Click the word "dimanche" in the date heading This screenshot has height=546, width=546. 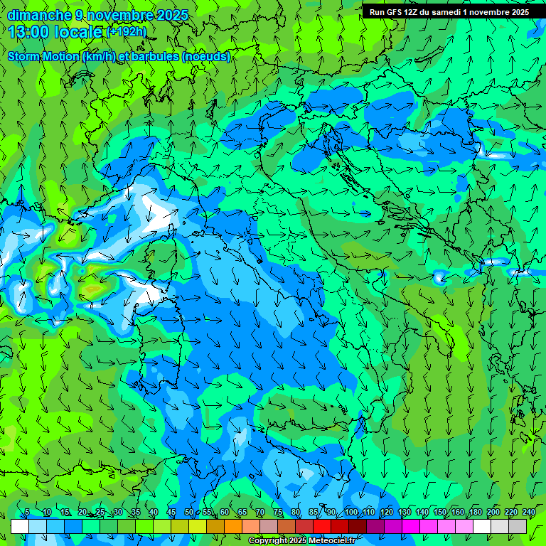click(x=39, y=15)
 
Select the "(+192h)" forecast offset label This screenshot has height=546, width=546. click(x=127, y=31)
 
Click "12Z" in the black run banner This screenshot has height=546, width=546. click(x=411, y=12)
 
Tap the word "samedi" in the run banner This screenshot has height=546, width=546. click(x=446, y=12)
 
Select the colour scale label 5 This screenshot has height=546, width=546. click(x=27, y=512)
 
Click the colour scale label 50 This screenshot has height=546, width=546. click(x=188, y=512)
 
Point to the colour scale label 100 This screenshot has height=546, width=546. click(x=350, y=512)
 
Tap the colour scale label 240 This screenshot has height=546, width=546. click(x=528, y=512)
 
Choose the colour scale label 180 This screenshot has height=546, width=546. click(x=475, y=512)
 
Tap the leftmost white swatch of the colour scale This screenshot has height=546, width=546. click(x=20, y=526)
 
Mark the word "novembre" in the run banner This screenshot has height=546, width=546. click(x=489, y=12)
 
